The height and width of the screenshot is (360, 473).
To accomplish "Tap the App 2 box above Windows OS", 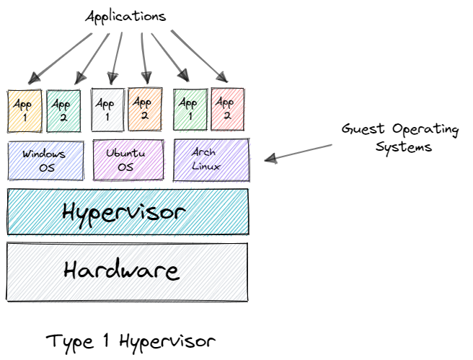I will [x=63, y=110].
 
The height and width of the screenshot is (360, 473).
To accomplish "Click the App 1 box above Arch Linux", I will [x=190, y=109].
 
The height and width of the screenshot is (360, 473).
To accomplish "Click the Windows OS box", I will [x=45, y=160].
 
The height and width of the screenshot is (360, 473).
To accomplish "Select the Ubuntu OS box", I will [x=128, y=160].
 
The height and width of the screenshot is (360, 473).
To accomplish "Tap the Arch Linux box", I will [x=211, y=159].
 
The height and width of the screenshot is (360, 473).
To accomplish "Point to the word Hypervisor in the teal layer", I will [x=124, y=212].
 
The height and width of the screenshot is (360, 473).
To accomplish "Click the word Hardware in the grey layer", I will [x=121, y=271].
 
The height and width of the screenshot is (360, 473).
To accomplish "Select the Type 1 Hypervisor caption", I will [x=131, y=340].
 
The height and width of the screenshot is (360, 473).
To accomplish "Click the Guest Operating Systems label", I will [x=399, y=138].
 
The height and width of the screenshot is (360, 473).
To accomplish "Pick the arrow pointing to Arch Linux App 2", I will [x=198, y=55].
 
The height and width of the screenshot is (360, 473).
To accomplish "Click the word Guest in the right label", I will [x=365, y=131].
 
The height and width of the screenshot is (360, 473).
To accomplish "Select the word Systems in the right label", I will [x=408, y=146].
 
